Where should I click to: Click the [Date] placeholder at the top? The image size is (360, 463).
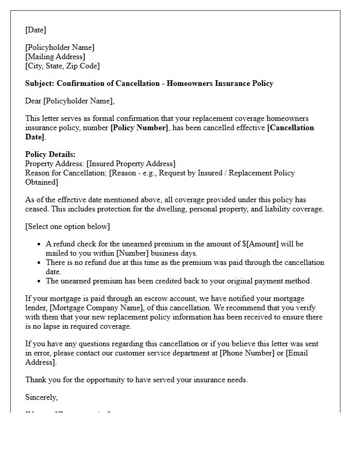pos(35,30)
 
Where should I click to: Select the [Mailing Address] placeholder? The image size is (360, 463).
pos(55,57)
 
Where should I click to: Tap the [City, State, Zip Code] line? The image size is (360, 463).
pos(62,66)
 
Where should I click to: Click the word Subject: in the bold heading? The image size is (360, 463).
pos(40,83)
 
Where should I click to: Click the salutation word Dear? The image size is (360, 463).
pos(33,101)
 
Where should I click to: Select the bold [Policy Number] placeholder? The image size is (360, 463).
pos(139,128)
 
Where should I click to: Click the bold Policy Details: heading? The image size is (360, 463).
pos(50,154)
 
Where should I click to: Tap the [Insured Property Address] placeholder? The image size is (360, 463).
pos(131,164)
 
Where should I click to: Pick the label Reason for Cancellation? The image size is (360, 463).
pos(66,173)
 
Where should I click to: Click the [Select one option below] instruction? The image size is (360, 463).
pos(67,226)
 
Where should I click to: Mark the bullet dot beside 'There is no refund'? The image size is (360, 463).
pos(39,262)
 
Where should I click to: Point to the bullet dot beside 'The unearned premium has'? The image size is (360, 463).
pos(39,281)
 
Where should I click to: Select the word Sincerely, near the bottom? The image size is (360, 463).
pos(42,397)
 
